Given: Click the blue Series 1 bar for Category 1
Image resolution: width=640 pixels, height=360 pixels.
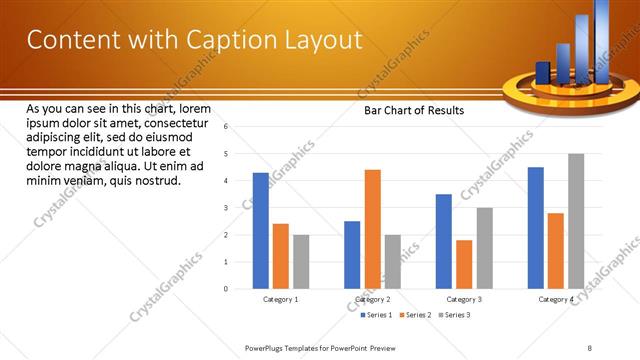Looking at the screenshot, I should pyautogui.click(x=261, y=231).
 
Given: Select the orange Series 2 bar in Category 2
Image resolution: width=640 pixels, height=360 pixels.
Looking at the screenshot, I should pyautogui.click(x=373, y=229).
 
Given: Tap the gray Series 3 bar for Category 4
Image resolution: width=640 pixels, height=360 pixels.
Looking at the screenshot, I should pyautogui.click(x=576, y=221).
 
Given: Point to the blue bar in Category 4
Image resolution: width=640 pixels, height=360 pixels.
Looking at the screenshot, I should pyautogui.click(x=536, y=228).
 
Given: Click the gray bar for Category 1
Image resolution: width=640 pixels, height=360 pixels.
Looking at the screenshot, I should pyautogui.click(x=301, y=262).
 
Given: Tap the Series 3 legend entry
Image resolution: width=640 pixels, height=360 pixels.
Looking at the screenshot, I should pyautogui.click(x=455, y=315).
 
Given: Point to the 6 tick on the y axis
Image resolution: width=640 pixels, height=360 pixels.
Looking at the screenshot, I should pyautogui.click(x=227, y=127).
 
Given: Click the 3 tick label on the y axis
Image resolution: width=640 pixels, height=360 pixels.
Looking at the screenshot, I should pyautogui.click(x=227, y=208).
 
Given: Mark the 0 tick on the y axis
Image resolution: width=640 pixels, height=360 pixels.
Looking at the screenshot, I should pyautogui.click(x=227, y=289).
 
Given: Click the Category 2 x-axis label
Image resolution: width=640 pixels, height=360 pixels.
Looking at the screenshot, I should pyautogui.click(x=373, y=299).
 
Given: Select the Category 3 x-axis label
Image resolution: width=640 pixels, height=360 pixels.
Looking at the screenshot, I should pyautogui.click(x=464, y=299).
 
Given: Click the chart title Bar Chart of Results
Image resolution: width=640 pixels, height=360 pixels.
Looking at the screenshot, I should pyautogui.click(x=413, y=111).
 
